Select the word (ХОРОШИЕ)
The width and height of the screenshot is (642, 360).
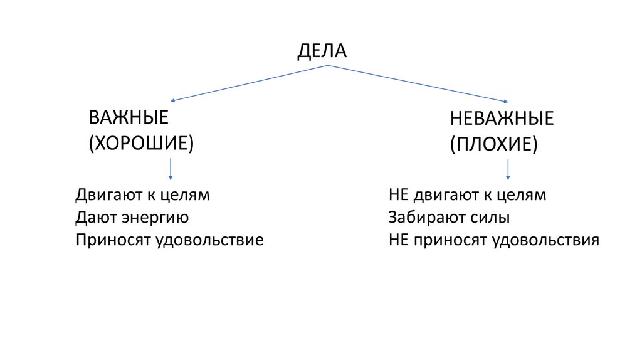tap(141, 142)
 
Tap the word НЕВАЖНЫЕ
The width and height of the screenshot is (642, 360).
tap(501, 119)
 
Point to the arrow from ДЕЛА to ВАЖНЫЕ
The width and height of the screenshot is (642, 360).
tap(247, 83)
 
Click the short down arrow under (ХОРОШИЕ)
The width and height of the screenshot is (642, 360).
tap(171, 169)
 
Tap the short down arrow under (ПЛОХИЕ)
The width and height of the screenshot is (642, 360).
tap(508, 169)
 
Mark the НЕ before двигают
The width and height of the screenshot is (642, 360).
tap(398, 195)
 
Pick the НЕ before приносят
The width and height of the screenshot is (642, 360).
tap(398, 240)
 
